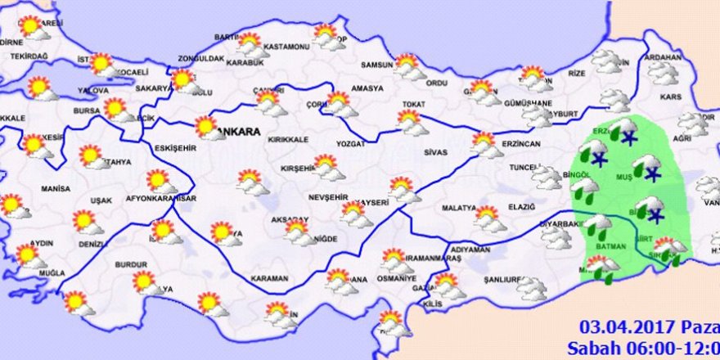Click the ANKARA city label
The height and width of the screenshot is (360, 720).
(241, 132)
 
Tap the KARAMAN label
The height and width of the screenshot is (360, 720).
(269, 279)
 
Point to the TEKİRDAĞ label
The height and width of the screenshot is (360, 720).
(29, 56)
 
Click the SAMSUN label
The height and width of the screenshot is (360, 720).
(378, 65)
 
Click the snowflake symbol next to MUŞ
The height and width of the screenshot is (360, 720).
(652, 173)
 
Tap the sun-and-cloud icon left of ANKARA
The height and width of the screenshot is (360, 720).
(208, 128)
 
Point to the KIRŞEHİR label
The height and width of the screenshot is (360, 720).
(297, 168)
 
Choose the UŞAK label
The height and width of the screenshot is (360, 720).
(101, 200)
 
